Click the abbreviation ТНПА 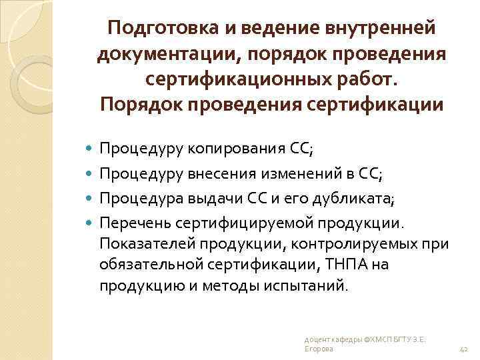[x=343, y=266]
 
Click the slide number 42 [x=465, y=349]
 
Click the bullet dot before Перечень [x=91, y=221]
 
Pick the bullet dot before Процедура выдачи [x=91, y=199]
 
